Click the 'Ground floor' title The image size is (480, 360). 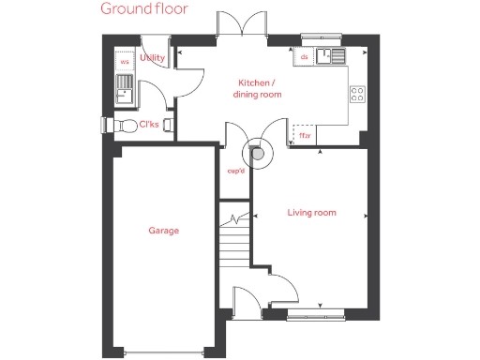(144, 9)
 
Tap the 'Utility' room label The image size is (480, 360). (152, 58)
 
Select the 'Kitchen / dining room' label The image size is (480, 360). (259, 88)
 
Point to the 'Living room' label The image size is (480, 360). (311, 213)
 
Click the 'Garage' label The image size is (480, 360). (163, 231)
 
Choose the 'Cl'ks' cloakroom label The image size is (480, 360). (149, 124)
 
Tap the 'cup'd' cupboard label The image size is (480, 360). (235, 171)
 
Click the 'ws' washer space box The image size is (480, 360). (124, 63)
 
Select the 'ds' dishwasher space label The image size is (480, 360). (305, 57)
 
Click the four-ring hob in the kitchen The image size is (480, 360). (357, 94)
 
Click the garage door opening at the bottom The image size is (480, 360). (163, 352)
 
